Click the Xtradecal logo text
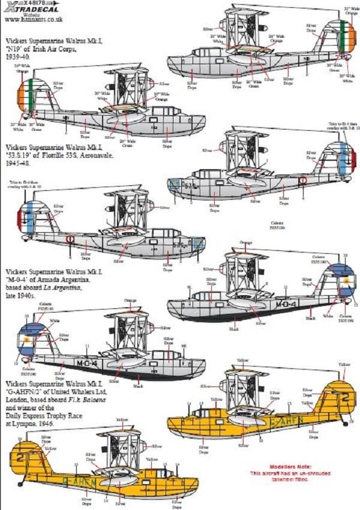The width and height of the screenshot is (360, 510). coord(28,13)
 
